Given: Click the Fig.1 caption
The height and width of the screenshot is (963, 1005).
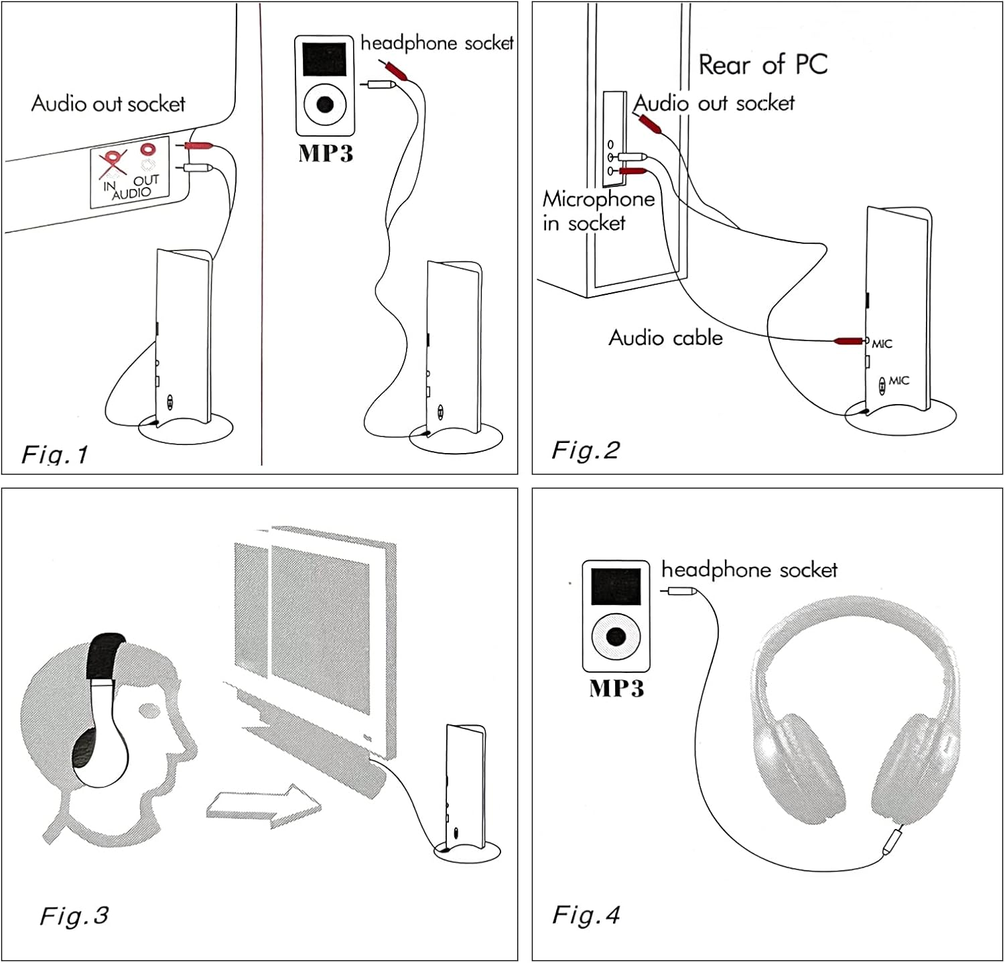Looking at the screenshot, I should point(55,455).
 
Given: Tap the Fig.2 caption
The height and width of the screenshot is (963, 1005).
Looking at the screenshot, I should point(585,450).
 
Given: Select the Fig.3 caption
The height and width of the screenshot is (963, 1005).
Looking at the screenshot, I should point(74,915).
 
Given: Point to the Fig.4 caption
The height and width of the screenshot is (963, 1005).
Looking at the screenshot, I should point(586,915).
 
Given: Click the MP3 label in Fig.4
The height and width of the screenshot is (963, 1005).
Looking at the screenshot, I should point(616,688).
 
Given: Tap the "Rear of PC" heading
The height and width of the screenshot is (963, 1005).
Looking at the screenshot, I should point(762,65).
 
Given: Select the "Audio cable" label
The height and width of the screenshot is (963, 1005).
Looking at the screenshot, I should point(665,338).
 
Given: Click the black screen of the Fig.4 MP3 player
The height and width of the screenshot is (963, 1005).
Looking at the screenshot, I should point(616,586).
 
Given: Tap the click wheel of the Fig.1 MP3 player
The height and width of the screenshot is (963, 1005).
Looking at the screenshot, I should point(325,104).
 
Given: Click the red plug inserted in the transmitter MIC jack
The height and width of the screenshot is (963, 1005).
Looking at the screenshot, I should point(848,341).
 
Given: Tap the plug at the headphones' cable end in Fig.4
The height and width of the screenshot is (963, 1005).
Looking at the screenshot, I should point(892,840).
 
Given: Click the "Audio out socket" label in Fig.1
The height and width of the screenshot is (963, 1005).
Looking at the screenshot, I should point(108,104).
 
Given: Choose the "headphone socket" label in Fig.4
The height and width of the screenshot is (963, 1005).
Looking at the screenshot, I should point(749,570).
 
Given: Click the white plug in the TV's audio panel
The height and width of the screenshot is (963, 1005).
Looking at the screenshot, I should point(198,168).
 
